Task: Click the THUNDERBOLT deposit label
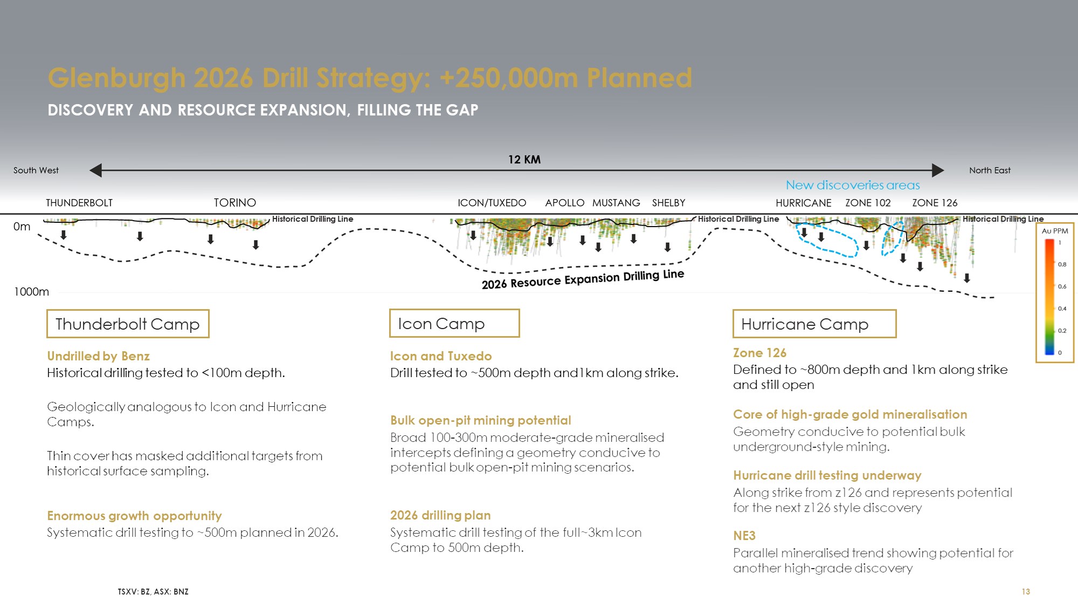pos(79,203)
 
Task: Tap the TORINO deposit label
pos(235,203)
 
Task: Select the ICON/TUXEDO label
pos(492,203)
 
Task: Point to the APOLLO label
pos(565,203)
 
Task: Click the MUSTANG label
pos(616,203)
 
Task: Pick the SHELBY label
pos(669,203)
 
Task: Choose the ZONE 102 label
pos(868,203)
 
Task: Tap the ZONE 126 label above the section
pos(935,203)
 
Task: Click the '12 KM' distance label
pos(524,160)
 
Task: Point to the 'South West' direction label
pos(36,170)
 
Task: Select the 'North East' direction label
pos(990,170)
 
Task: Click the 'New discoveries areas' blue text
pos(853,185)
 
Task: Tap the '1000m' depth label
pos(31,292)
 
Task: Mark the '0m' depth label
pos(22,227)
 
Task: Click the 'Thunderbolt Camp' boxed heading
pos(128,324)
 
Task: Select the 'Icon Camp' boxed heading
pos(454,323)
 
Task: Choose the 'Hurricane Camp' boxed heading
pos(814,324)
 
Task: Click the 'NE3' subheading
pos(744,536)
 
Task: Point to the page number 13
pos(1026,592)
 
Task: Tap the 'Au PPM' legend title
pos(1055,231)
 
